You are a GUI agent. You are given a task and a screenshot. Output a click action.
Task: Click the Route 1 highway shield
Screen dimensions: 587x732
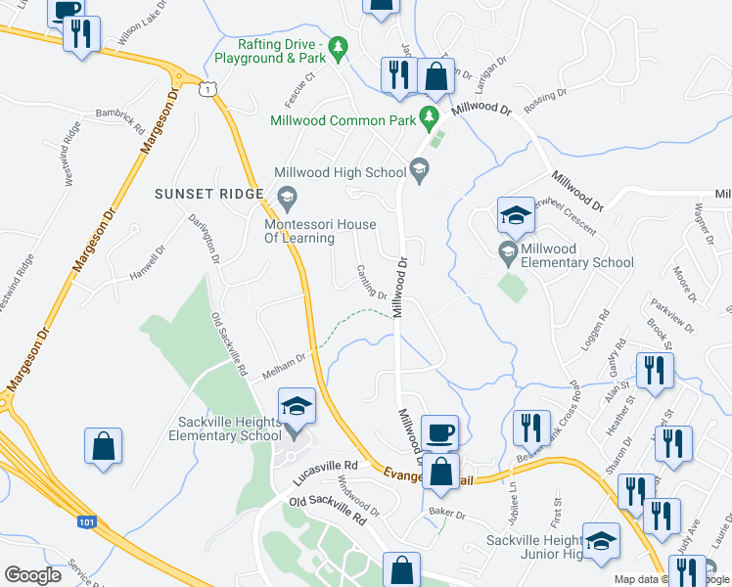(x=206, y=89)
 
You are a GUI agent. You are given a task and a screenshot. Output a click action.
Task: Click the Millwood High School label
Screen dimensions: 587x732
(x=340, y=172)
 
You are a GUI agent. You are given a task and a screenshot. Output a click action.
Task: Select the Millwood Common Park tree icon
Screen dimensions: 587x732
(x=428, y=119)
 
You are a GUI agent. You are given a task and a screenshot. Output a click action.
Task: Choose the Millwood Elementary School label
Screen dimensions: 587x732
(x=577, y=262)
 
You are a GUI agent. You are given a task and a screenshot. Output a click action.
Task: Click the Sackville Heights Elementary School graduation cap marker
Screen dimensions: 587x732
(x=297, y=405)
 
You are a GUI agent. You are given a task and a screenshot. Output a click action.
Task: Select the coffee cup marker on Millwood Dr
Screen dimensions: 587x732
(x=439, y=429)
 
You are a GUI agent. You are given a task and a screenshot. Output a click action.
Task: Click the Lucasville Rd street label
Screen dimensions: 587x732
(x=325, y=474)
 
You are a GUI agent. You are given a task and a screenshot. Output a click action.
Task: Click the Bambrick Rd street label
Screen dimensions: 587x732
(x=120, y=114)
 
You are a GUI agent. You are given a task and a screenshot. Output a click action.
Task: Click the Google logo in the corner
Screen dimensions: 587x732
(x=33, y=575)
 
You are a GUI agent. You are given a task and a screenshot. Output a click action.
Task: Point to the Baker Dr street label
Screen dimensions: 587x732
(x=446, y=514)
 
